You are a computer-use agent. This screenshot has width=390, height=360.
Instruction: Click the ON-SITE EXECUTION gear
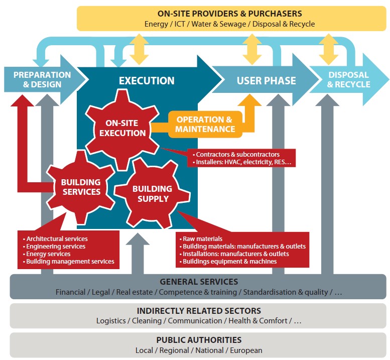pyautogui.click(x=122, y=128)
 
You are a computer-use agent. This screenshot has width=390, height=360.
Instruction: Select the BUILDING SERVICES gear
pyautogui.click(x=81, y=187)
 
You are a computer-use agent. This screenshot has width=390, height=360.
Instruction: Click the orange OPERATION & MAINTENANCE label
pyautogui.click(x=205, y=124)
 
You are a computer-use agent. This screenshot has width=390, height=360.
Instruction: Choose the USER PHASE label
pyautogui.click(x=266, y=80)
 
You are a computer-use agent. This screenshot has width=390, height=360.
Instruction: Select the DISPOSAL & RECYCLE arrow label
pyautogui.click(x=348, y=79)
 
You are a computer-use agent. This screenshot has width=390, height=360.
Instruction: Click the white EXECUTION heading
pyautogui.click(x=147, y=80)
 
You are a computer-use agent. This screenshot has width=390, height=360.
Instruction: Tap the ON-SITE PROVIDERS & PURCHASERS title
pyautogui.click(x=229, y=14)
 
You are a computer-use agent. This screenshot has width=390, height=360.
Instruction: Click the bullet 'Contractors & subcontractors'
pyautogui.click(x=237, y=155)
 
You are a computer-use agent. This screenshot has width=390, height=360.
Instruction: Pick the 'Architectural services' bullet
pyautogui.click(x=57, y=238)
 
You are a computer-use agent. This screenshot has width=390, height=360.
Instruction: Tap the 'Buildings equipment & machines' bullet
pyautogui.click(x=229, y=261)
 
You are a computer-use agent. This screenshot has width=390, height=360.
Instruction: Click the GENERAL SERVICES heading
pyautogui.click(x=199, y=282)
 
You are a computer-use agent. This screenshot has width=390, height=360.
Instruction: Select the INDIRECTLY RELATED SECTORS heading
pyautogui.click(x=199, y=311)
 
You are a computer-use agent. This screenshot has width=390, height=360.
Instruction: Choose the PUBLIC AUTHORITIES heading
pyautogui.click(x=199, y=340)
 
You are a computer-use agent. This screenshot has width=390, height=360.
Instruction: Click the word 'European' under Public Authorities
pyautogui.click(x=246, y=350)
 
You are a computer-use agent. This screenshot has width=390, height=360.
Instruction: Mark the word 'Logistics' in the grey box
pyautogui.click(x=111, y=321)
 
